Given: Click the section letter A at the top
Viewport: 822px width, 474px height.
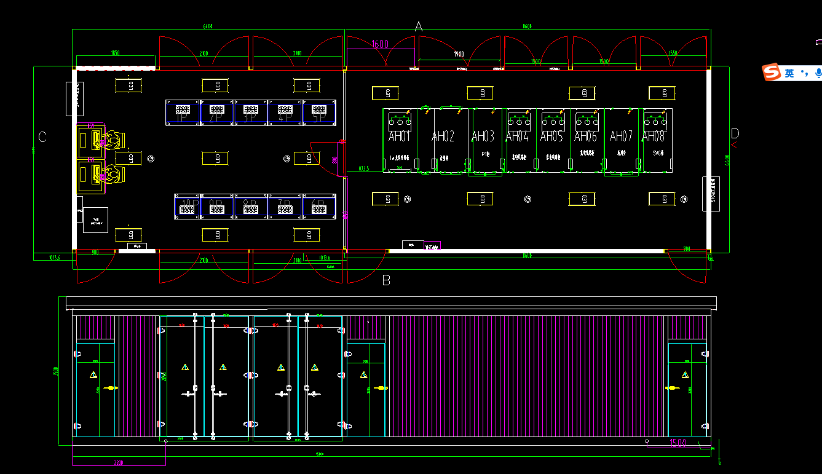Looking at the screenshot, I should (x=419, y=26).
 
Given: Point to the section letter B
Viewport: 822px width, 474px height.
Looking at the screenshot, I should (x=386, y=280).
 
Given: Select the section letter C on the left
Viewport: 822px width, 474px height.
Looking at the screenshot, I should (x=42, y=136).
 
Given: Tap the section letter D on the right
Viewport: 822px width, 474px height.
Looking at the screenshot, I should (x=735, y=133).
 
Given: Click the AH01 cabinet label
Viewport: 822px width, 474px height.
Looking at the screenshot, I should (x=400, y=136).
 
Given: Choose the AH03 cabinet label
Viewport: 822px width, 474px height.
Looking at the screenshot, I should (x=483, y=136).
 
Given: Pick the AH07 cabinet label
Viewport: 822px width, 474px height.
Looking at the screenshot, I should (x=621, y=136).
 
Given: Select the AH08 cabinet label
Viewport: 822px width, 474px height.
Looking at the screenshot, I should (x=654, y=136).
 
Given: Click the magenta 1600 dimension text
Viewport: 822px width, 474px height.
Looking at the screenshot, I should (x=380, y=44).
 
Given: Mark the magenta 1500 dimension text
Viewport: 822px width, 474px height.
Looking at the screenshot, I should (x=678, y=443).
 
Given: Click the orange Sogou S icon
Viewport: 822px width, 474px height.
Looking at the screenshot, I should (x=771, y=73).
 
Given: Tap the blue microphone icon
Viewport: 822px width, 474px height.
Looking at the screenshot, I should (x=818, y=73).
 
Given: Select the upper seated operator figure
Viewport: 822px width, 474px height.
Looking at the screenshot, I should (x=111, y=140).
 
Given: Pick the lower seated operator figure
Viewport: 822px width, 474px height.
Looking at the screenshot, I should (x=111, y=175).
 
